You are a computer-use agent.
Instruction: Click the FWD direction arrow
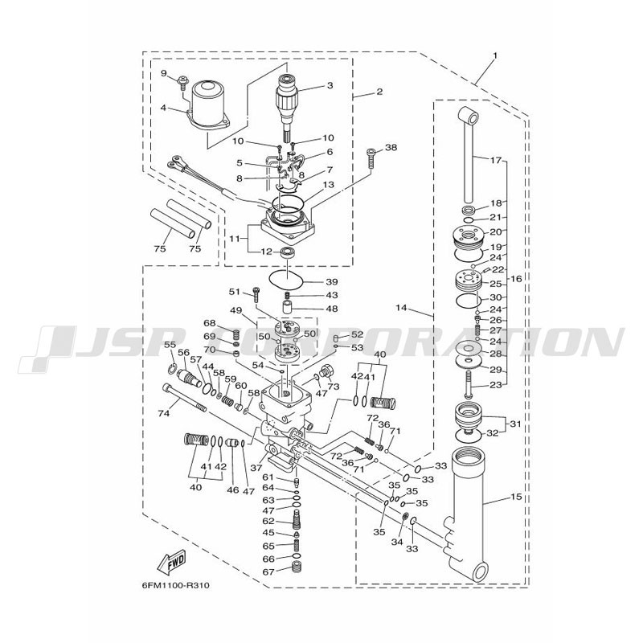point(171,561)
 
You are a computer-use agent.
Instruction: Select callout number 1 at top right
point(495,55)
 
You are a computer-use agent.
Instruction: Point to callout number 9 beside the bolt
point(164,73)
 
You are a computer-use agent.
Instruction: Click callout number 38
point(391,147)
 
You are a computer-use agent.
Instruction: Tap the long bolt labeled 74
point(184,397)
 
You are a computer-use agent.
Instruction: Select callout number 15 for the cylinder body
point(517,497)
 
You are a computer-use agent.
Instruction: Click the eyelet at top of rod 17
point(469,116)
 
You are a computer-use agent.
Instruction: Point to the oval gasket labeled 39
point(287,279)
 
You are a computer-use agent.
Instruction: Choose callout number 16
point(516,279)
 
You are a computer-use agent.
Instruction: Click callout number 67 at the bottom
point(268,571)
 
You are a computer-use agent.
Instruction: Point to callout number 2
point(379,91)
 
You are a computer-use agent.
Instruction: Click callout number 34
point(397,542)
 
